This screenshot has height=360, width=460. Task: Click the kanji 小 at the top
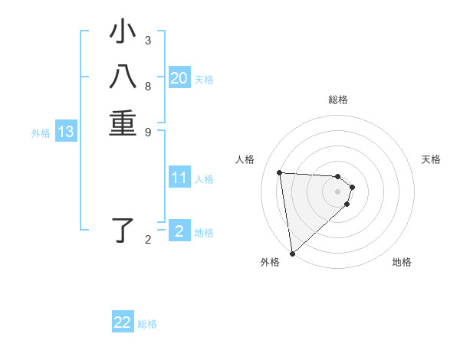click(x=123, y=34)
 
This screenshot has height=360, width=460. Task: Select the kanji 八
click(x=123, y=78)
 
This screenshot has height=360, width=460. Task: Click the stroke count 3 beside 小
click(x=148, y=41)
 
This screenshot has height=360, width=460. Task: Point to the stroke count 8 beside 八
click(x=148, y=86)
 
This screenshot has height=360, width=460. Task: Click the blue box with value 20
click(x=179, y=78)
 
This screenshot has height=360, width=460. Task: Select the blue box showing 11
click(x=179, y=178)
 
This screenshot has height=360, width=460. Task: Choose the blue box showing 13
click(x=66, y=133)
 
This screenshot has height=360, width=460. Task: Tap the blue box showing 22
click(x=123, y=322)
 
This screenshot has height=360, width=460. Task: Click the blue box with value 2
click(x=179, y=231)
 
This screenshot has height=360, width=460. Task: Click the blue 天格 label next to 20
click(x=204, y=80)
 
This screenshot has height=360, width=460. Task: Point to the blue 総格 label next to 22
click(x=147, y=324)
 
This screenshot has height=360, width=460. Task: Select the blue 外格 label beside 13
click(x=41, y=133)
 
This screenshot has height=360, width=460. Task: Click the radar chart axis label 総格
click(x=338, y=100)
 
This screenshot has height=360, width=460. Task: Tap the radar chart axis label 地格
click(x=402, y=263)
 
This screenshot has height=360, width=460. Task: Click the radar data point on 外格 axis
click(x=292, y=254)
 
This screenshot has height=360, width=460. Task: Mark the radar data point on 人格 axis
click(x=280, y=172)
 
